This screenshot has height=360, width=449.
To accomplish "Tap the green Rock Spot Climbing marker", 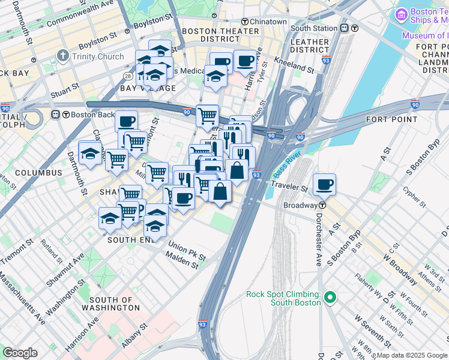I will (x=330, y=297).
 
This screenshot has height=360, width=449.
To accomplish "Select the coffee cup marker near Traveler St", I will (x=324, y=184).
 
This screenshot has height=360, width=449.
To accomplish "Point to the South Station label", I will (x=314, y=28).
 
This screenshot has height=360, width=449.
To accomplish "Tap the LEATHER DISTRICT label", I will (x=309, y=47).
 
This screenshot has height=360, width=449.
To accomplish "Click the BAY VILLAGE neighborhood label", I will (x=148, y=89).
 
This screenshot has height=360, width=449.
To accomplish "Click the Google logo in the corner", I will (x=20, y=353).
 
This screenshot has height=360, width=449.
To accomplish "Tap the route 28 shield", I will (x=128, y=76).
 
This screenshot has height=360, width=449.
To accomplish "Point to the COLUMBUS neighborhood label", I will (x=38, y=173).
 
